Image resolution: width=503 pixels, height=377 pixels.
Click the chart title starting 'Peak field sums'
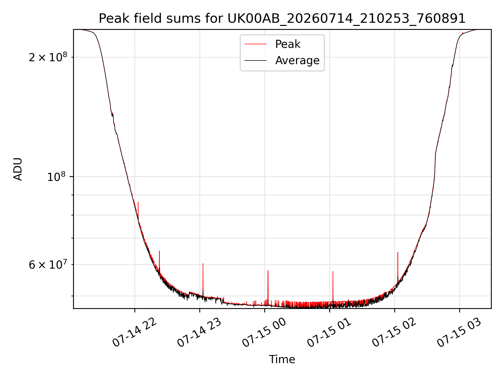coord(282,19)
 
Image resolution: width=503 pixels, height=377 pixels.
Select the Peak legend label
coord(288,44)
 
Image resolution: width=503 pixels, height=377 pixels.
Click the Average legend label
coord(297,60)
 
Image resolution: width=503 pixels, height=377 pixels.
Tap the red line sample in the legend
coord(256,44)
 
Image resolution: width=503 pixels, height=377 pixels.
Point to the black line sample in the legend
coord(256,60)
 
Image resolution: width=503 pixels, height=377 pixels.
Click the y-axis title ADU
coord(18,169)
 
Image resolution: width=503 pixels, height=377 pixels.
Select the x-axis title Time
coord(282,359)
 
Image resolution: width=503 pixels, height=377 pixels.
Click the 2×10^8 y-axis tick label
coord(48,57)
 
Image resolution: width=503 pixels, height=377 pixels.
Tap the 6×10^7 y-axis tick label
coord(48,264)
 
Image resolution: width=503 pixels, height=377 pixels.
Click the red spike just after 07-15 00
coord(268,287)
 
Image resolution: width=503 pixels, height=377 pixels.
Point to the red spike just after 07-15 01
coord(333,287)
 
